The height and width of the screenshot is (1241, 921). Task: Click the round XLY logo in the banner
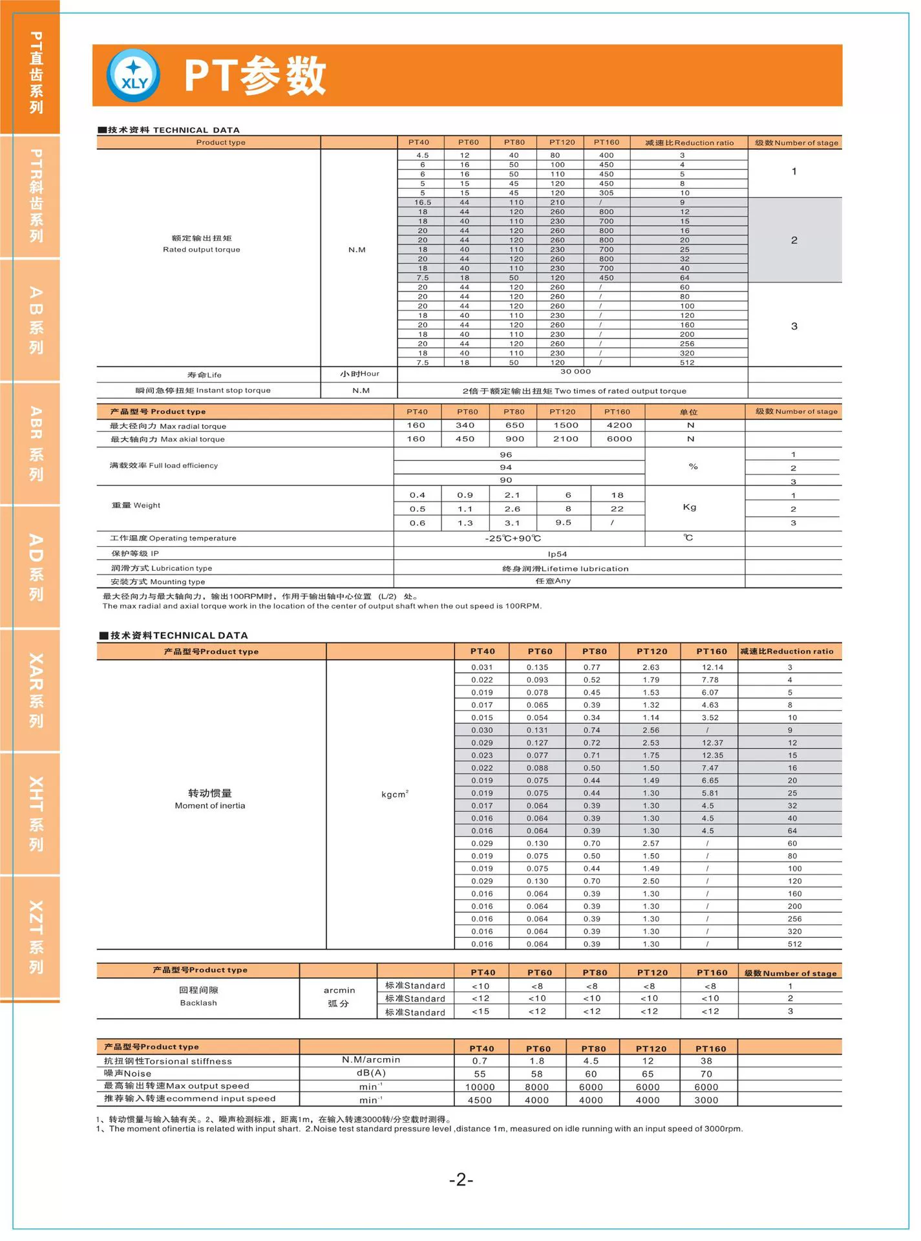(133, 76)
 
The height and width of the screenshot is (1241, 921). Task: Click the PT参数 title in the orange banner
(255, 76)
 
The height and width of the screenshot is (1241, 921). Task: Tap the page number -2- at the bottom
(461, 1180)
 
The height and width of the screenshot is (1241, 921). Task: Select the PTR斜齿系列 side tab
(36, 196)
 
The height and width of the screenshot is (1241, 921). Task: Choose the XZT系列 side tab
(36, 937)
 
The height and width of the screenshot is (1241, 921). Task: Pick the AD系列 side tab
(36, 567)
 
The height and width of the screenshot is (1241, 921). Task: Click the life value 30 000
(575, 372)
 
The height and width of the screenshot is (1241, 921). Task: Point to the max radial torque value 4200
(619, 425)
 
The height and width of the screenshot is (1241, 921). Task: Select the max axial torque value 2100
(566, 439)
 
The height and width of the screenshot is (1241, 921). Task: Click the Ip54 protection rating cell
(557, 554)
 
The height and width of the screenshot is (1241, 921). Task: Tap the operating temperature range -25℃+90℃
(513, 538)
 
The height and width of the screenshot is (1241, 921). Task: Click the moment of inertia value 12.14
(712, 667)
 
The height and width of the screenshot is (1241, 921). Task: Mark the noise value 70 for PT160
(706, 1074)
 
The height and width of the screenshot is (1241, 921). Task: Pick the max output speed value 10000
(480, 1087)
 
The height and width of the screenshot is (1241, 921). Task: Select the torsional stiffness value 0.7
(480, 1061)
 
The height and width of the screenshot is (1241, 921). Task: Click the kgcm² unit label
(394, 794)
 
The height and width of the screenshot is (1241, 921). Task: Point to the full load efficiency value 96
(505, 455)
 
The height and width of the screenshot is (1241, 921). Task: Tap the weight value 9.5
(563, 523)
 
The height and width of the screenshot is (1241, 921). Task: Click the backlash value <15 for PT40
(480, 1012)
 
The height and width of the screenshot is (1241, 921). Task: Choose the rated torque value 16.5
(422, 202)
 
